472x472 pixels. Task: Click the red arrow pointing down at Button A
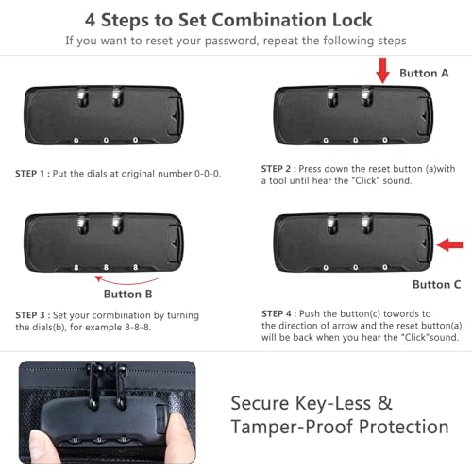click(x=382, y=71)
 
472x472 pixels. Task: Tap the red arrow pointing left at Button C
click(x=450, y=244)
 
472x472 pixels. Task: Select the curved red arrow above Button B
click(x=127, y=280)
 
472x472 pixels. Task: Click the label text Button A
click(x=424, y=73)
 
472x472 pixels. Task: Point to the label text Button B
click(x=128, y=294)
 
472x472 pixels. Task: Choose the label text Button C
click(x=437, y=284)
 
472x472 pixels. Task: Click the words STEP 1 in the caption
click(x=30, y=174)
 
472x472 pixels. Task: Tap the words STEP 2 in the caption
click(x=276, y=169)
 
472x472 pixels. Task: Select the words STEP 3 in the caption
click(x=30, y=315)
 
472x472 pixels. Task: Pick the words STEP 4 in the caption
click(x=277, y=313)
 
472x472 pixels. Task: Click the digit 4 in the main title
click(x=90, y=20)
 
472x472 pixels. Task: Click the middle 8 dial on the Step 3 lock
click(x=106, y=267)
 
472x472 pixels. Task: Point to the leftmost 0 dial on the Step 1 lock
click(x=76, y=141)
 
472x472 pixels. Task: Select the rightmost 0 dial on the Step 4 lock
click(x=385, y=267)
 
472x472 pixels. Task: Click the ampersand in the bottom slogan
click(x=384, y=403)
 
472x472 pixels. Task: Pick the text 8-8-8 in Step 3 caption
click(x=138, y=328)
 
